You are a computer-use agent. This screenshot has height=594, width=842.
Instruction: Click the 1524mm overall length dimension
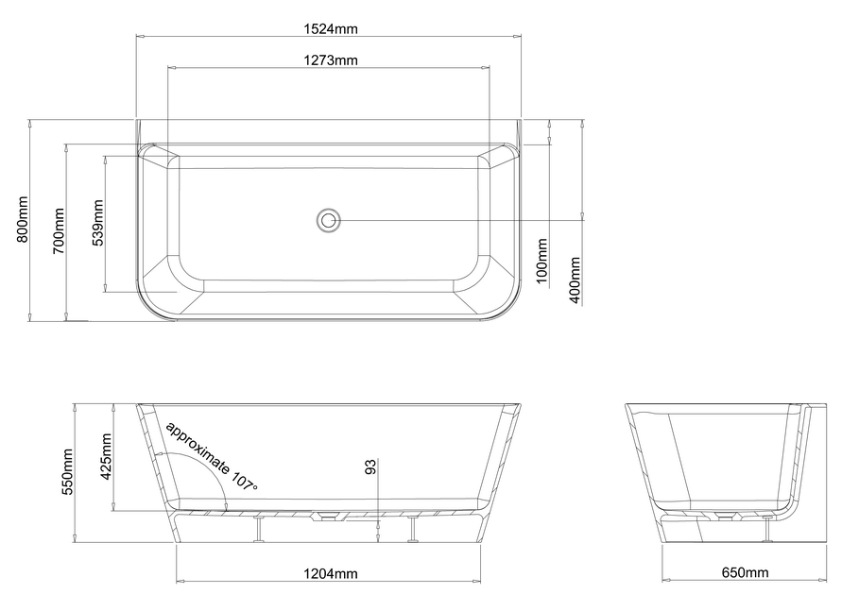point(331,28)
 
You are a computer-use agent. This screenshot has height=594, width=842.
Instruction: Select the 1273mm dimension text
point(331,60)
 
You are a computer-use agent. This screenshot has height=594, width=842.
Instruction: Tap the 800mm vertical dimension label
point(23,219)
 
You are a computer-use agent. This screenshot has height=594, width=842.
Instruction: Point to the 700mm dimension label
point(58,231)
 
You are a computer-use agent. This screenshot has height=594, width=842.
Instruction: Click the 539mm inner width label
point(97,222)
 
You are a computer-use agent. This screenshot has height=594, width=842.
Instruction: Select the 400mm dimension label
point(576,280)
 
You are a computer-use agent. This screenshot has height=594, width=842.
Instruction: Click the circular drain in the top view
point(328,220)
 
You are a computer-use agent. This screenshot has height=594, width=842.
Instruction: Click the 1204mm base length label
point(331,573)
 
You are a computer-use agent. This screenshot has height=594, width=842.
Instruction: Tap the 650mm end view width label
point(745,573)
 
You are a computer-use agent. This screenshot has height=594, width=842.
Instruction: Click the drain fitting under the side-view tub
point(327,516)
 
